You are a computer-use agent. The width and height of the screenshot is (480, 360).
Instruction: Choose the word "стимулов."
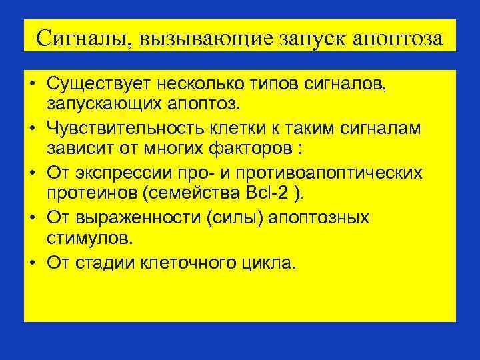pyautogui.click(x=81, y=237)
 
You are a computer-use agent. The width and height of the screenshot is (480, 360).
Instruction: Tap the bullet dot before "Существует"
pyautogui.click(x=32, y=85)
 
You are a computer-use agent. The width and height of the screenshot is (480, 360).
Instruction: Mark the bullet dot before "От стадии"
pyautogui.click(x=32, y=263)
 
